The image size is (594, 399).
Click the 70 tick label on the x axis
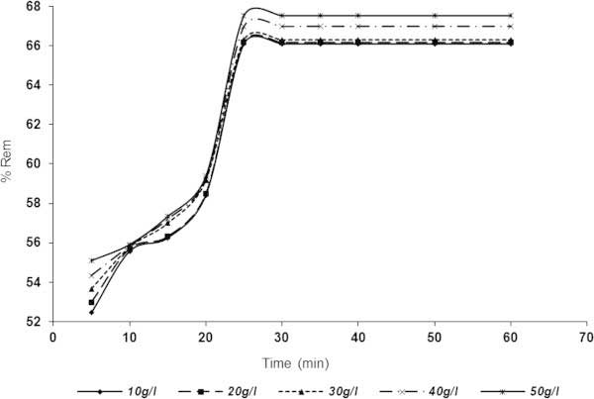point(586,337)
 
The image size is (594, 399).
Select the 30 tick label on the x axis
point(281,337)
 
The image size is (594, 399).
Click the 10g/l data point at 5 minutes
point(91,312)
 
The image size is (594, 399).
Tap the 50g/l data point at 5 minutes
point(91,260)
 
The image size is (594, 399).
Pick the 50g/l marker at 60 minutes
point(510,15)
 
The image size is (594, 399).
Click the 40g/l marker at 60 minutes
point(510,26)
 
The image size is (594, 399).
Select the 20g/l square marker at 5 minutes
point(91,302)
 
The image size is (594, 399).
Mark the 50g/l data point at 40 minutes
point(357,15)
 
